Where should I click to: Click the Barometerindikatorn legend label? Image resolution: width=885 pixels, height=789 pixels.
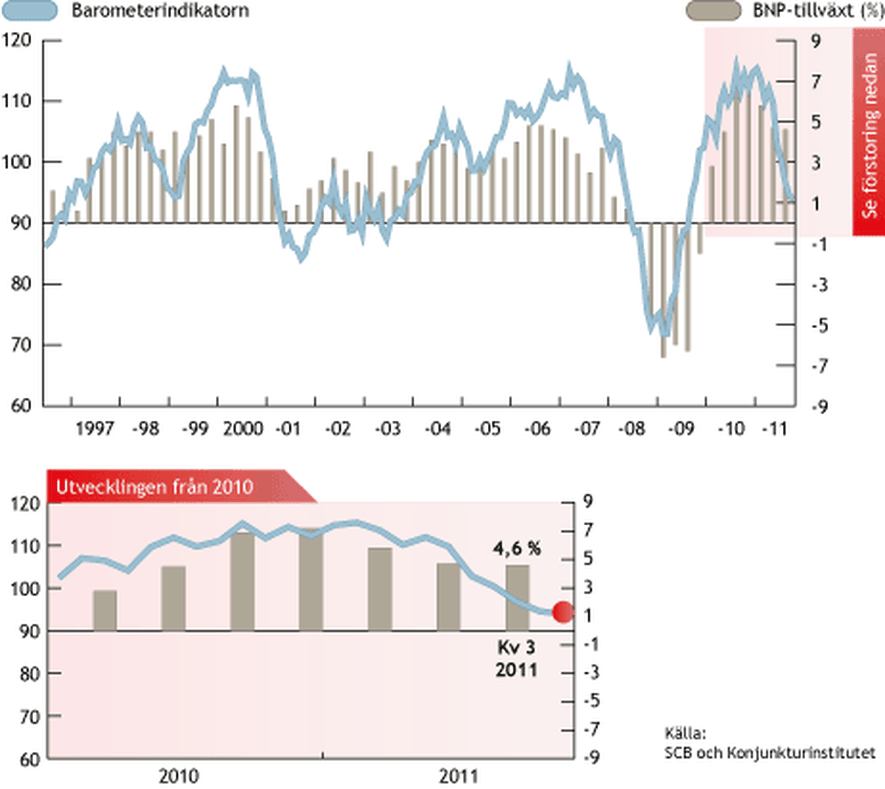click(x=160, y=11)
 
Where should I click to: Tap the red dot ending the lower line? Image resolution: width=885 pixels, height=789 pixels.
click(x=563, y=612)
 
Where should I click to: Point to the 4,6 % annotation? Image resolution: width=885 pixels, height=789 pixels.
click(x=517, y=548)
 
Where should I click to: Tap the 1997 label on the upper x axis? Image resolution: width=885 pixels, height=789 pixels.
click(x=94, y=429)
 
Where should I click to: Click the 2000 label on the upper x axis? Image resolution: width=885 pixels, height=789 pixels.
click(x=243, y=429)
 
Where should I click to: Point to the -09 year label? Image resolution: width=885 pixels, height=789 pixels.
click(x=681, y=429)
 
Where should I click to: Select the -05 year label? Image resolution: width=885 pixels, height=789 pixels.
click(x=487, y=429)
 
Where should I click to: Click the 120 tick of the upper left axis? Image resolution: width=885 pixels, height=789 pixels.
click(x=17, y=40)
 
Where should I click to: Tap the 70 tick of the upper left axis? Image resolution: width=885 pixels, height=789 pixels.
click(x=21, y=345)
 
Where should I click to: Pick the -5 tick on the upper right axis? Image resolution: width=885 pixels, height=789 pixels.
click(x=819, y=325)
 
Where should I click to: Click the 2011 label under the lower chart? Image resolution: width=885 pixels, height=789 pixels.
click(x=458, y=777)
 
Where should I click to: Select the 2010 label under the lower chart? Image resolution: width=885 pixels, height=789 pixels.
click(x=179, y=777)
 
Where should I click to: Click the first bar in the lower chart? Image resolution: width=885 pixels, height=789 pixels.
click(x=105, y=610)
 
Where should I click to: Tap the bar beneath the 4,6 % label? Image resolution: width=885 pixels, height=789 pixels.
click(x=517, y=598)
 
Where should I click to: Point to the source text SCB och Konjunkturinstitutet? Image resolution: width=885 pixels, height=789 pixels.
click(x=769, y=753)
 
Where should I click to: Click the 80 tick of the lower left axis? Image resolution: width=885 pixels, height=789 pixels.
click(x=29, y=674)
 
